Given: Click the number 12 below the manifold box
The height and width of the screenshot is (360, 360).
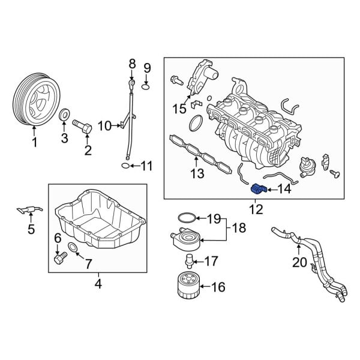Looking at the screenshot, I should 256,209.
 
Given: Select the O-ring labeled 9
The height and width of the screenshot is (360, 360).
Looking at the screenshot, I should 146,88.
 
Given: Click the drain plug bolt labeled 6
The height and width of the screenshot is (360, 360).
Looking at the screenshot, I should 58,259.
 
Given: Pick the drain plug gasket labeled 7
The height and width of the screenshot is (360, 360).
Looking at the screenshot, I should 73,248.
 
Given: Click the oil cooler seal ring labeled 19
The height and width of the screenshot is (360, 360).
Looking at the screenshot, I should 185,217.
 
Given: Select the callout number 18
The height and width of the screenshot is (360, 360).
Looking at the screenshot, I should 239,228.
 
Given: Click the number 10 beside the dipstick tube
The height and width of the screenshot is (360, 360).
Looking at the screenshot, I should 104,126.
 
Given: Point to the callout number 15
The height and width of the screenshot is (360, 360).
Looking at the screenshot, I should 179,109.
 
